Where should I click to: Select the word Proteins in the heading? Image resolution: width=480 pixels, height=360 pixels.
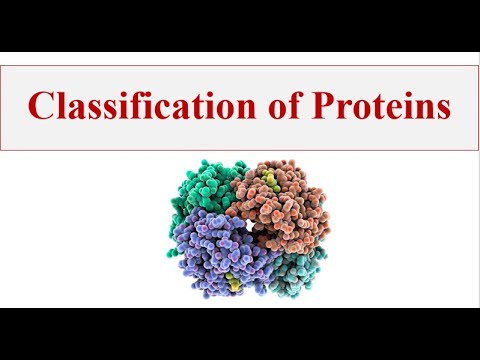[x=381, y=105]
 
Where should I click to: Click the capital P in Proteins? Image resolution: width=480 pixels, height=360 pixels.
[x=321, y=105]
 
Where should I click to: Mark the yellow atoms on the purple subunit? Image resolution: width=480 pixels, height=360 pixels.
[x=232, y=281]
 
